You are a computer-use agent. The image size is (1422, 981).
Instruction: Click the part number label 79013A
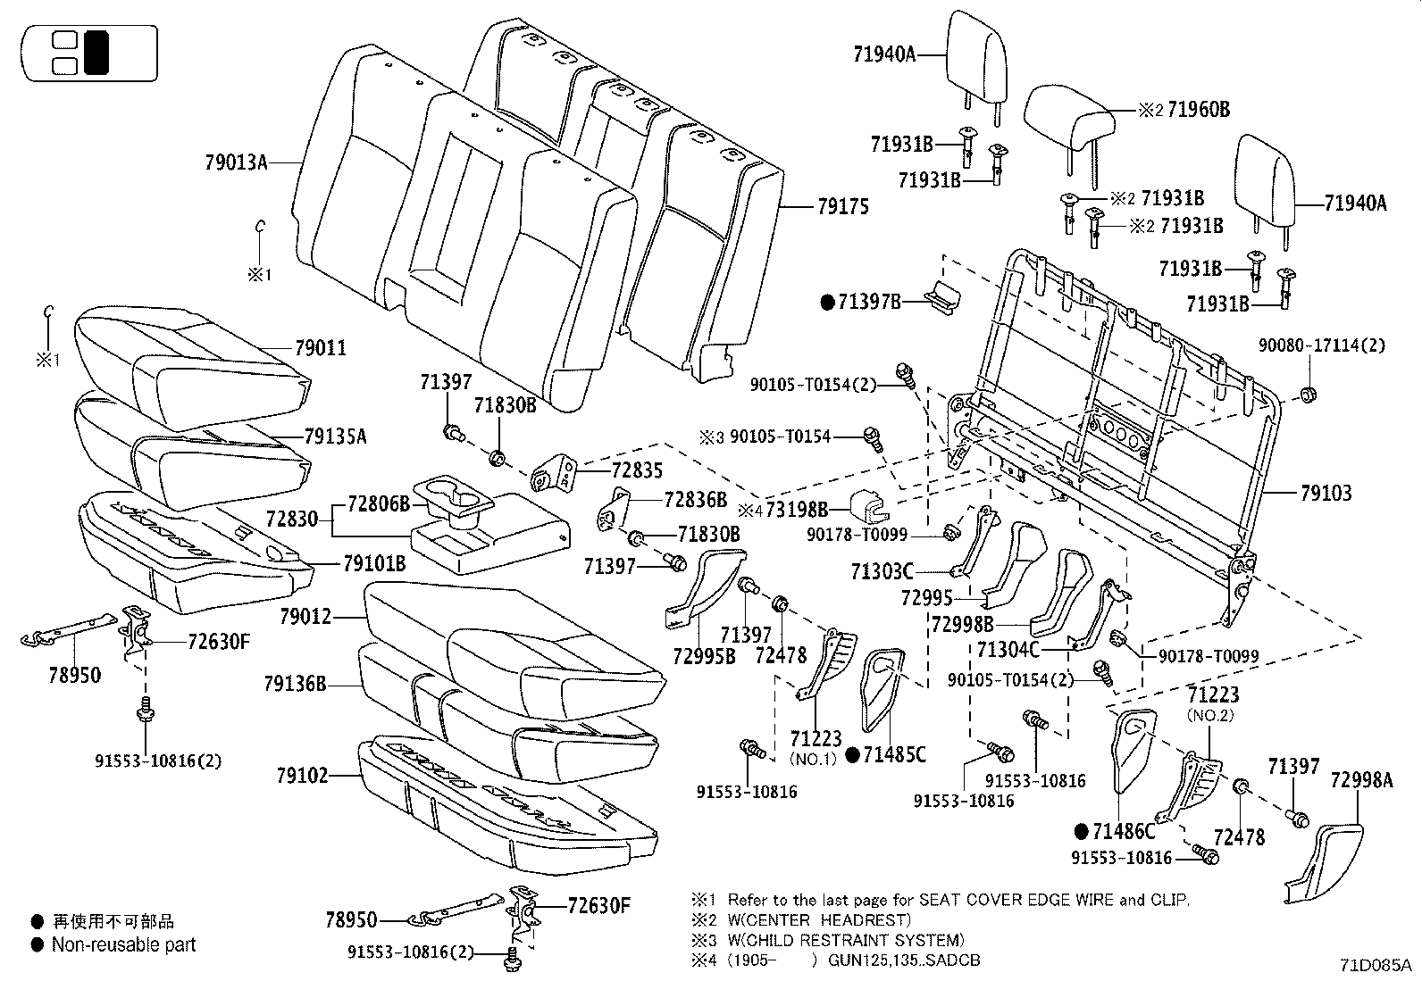pos(236,162)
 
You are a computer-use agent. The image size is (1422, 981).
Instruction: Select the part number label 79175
pos(842,207)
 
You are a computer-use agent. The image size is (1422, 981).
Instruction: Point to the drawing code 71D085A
pos(1375,965)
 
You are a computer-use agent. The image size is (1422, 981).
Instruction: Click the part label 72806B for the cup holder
pos(377,504)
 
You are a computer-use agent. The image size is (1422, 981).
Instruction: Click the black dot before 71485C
pos(852,756)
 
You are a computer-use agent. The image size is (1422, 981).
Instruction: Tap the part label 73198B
pos(797,510)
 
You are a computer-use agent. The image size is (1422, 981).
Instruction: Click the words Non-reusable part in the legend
pos(123,944)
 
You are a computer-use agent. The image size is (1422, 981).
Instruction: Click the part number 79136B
pos(295,685)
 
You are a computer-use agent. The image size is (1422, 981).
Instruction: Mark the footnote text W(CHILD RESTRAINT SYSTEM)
pos(846,940)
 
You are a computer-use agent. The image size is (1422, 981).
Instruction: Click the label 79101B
pos(374,564)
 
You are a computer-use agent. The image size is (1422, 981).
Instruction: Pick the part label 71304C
pos(1008,650)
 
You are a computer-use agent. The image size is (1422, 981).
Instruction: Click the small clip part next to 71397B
pos(941,295)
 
